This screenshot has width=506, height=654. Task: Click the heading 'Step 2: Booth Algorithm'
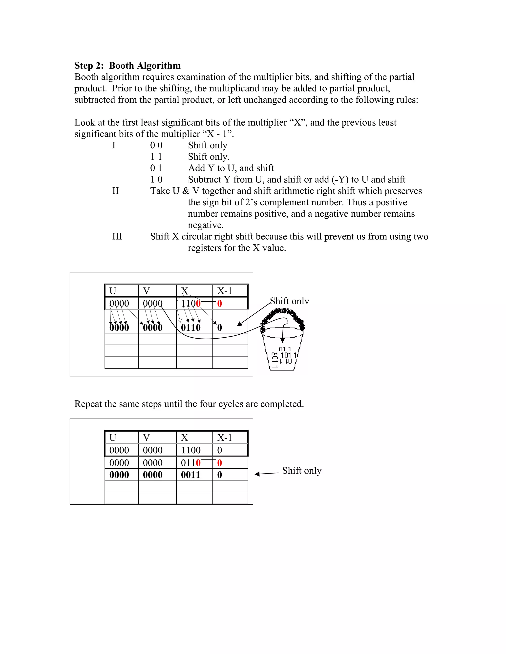click(127, 66)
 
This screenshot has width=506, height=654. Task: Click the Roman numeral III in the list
click(117, 237)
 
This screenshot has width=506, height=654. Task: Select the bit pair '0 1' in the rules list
click(156, 168)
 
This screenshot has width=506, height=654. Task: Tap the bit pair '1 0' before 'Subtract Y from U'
click(156, 179)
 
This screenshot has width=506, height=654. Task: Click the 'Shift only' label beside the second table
click(302, 470)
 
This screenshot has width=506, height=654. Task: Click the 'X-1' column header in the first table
click(225, 291)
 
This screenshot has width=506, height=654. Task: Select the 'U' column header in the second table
click(113, 438)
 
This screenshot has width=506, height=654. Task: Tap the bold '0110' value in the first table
click(191, 327)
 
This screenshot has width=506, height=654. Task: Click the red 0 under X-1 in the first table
click(219, 304)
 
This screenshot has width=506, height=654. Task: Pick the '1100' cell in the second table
click(191, 450)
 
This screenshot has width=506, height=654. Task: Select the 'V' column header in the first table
click(146, 291)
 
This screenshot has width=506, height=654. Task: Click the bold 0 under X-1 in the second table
click(219, 475)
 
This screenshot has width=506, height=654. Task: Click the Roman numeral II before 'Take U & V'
click(115, 191)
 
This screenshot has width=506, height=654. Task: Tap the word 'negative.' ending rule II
click(206, 225)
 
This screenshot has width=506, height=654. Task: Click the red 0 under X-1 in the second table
click(219, 463)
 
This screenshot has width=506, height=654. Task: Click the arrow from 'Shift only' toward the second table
click(266, 473)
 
